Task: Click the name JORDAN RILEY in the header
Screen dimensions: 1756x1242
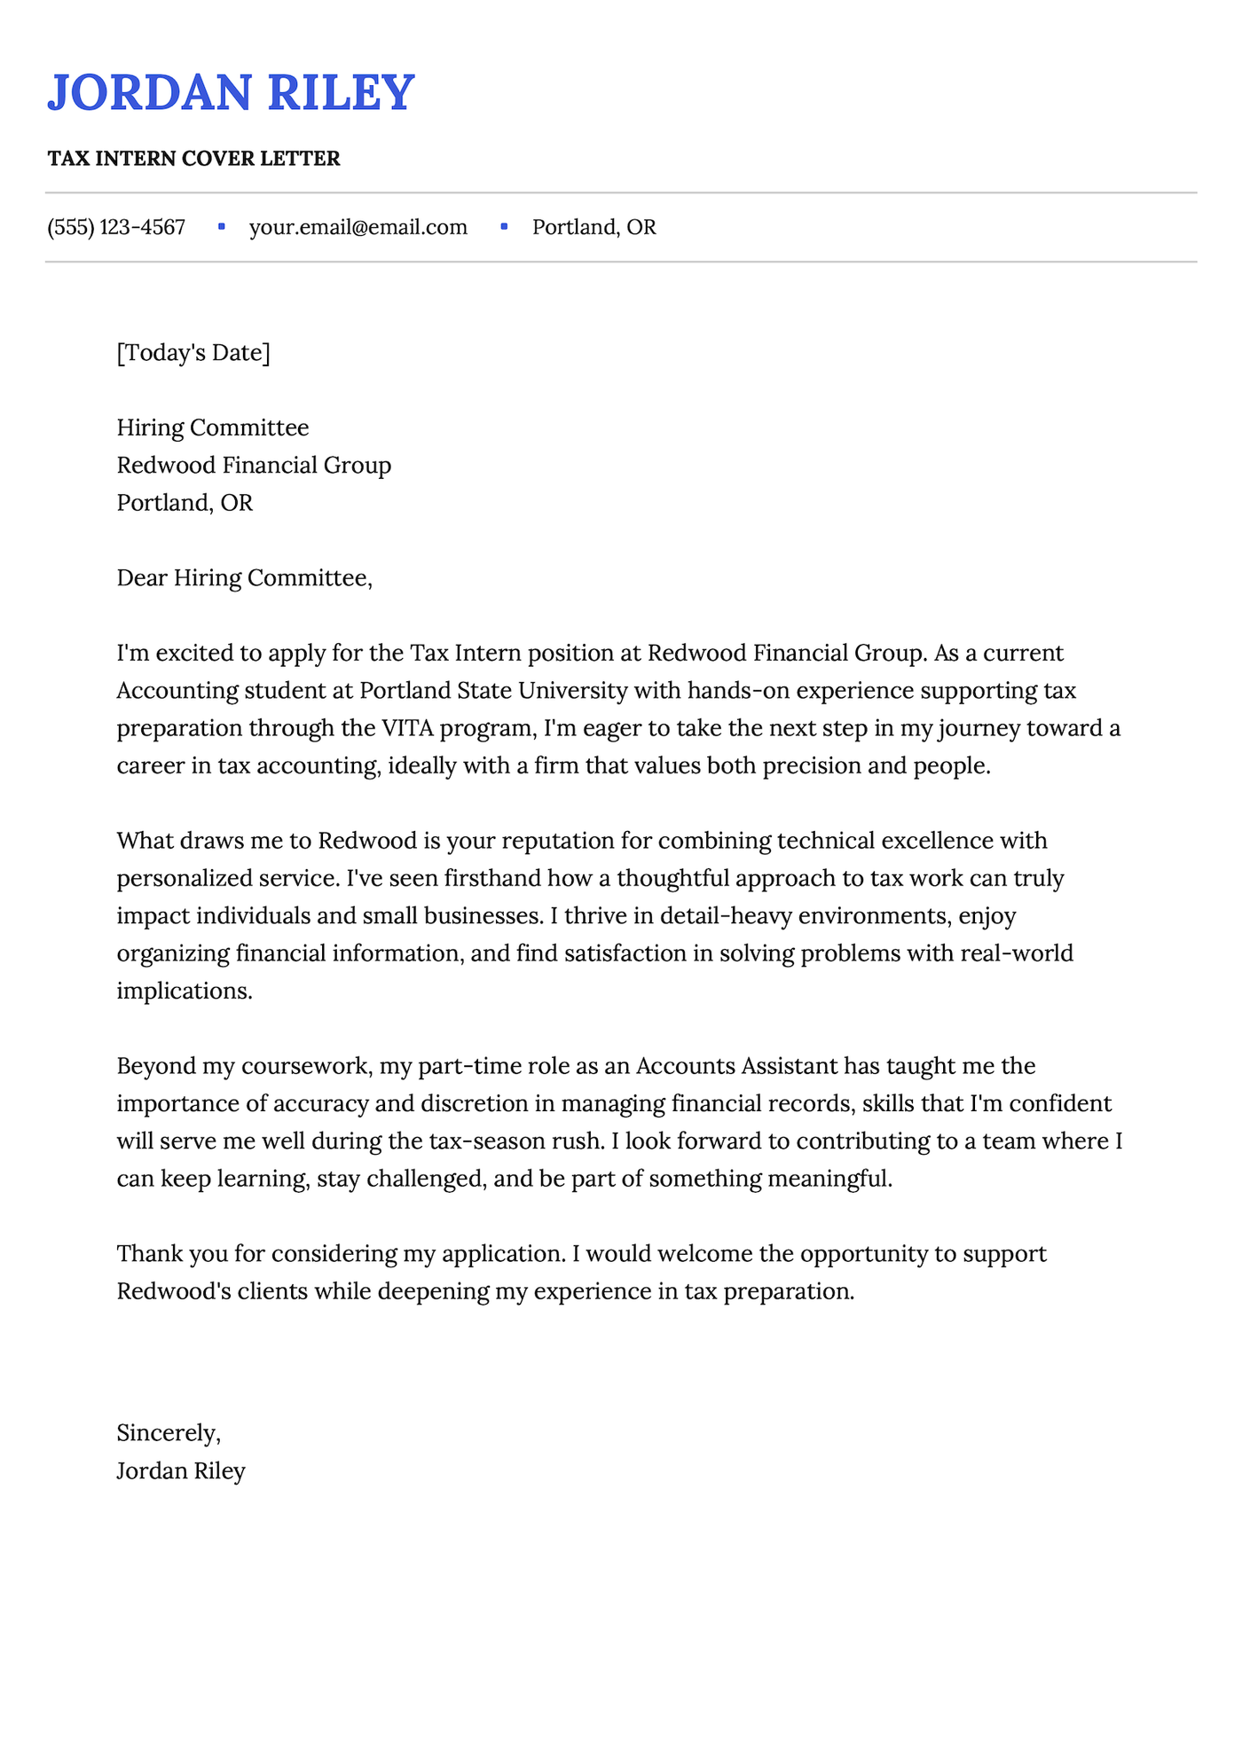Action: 231,92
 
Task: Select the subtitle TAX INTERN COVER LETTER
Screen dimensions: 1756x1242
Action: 193,159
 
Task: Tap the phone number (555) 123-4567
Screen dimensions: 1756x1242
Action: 116,227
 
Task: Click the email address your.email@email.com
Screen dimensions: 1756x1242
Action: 358,227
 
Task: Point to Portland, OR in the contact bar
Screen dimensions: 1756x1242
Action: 593,227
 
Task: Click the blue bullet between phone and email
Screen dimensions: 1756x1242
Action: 222,227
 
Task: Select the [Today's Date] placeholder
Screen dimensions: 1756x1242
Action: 193,353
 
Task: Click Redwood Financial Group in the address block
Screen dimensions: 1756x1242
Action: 254,465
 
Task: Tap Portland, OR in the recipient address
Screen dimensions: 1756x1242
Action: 185,503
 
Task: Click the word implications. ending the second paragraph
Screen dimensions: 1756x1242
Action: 185,991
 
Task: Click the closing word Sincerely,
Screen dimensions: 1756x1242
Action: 169,1432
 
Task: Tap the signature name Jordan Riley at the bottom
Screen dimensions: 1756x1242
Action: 181,1470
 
